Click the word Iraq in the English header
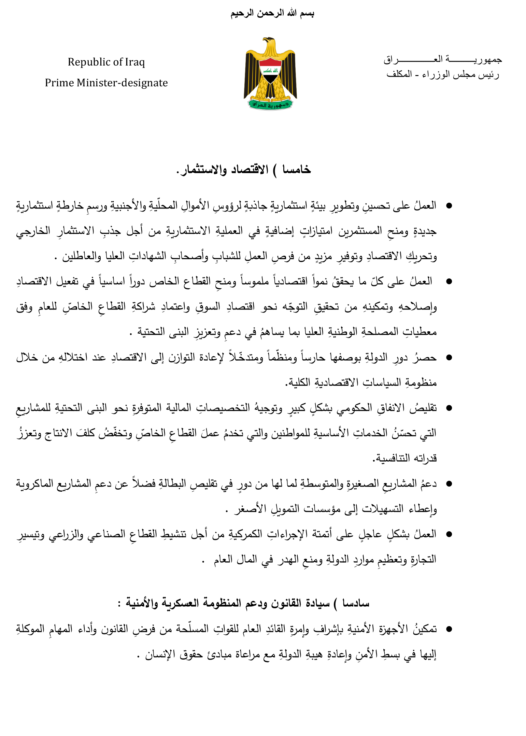point(135,62)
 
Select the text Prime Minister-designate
point(106,83)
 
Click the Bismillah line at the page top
point(272,14)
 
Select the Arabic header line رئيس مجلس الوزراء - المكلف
point(443,74)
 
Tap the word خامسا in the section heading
point(296,170)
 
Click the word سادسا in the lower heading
point(356,603)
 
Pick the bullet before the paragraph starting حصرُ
point(449,358)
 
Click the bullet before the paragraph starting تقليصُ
point(449,408)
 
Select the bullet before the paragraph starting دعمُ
point(449,484)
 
